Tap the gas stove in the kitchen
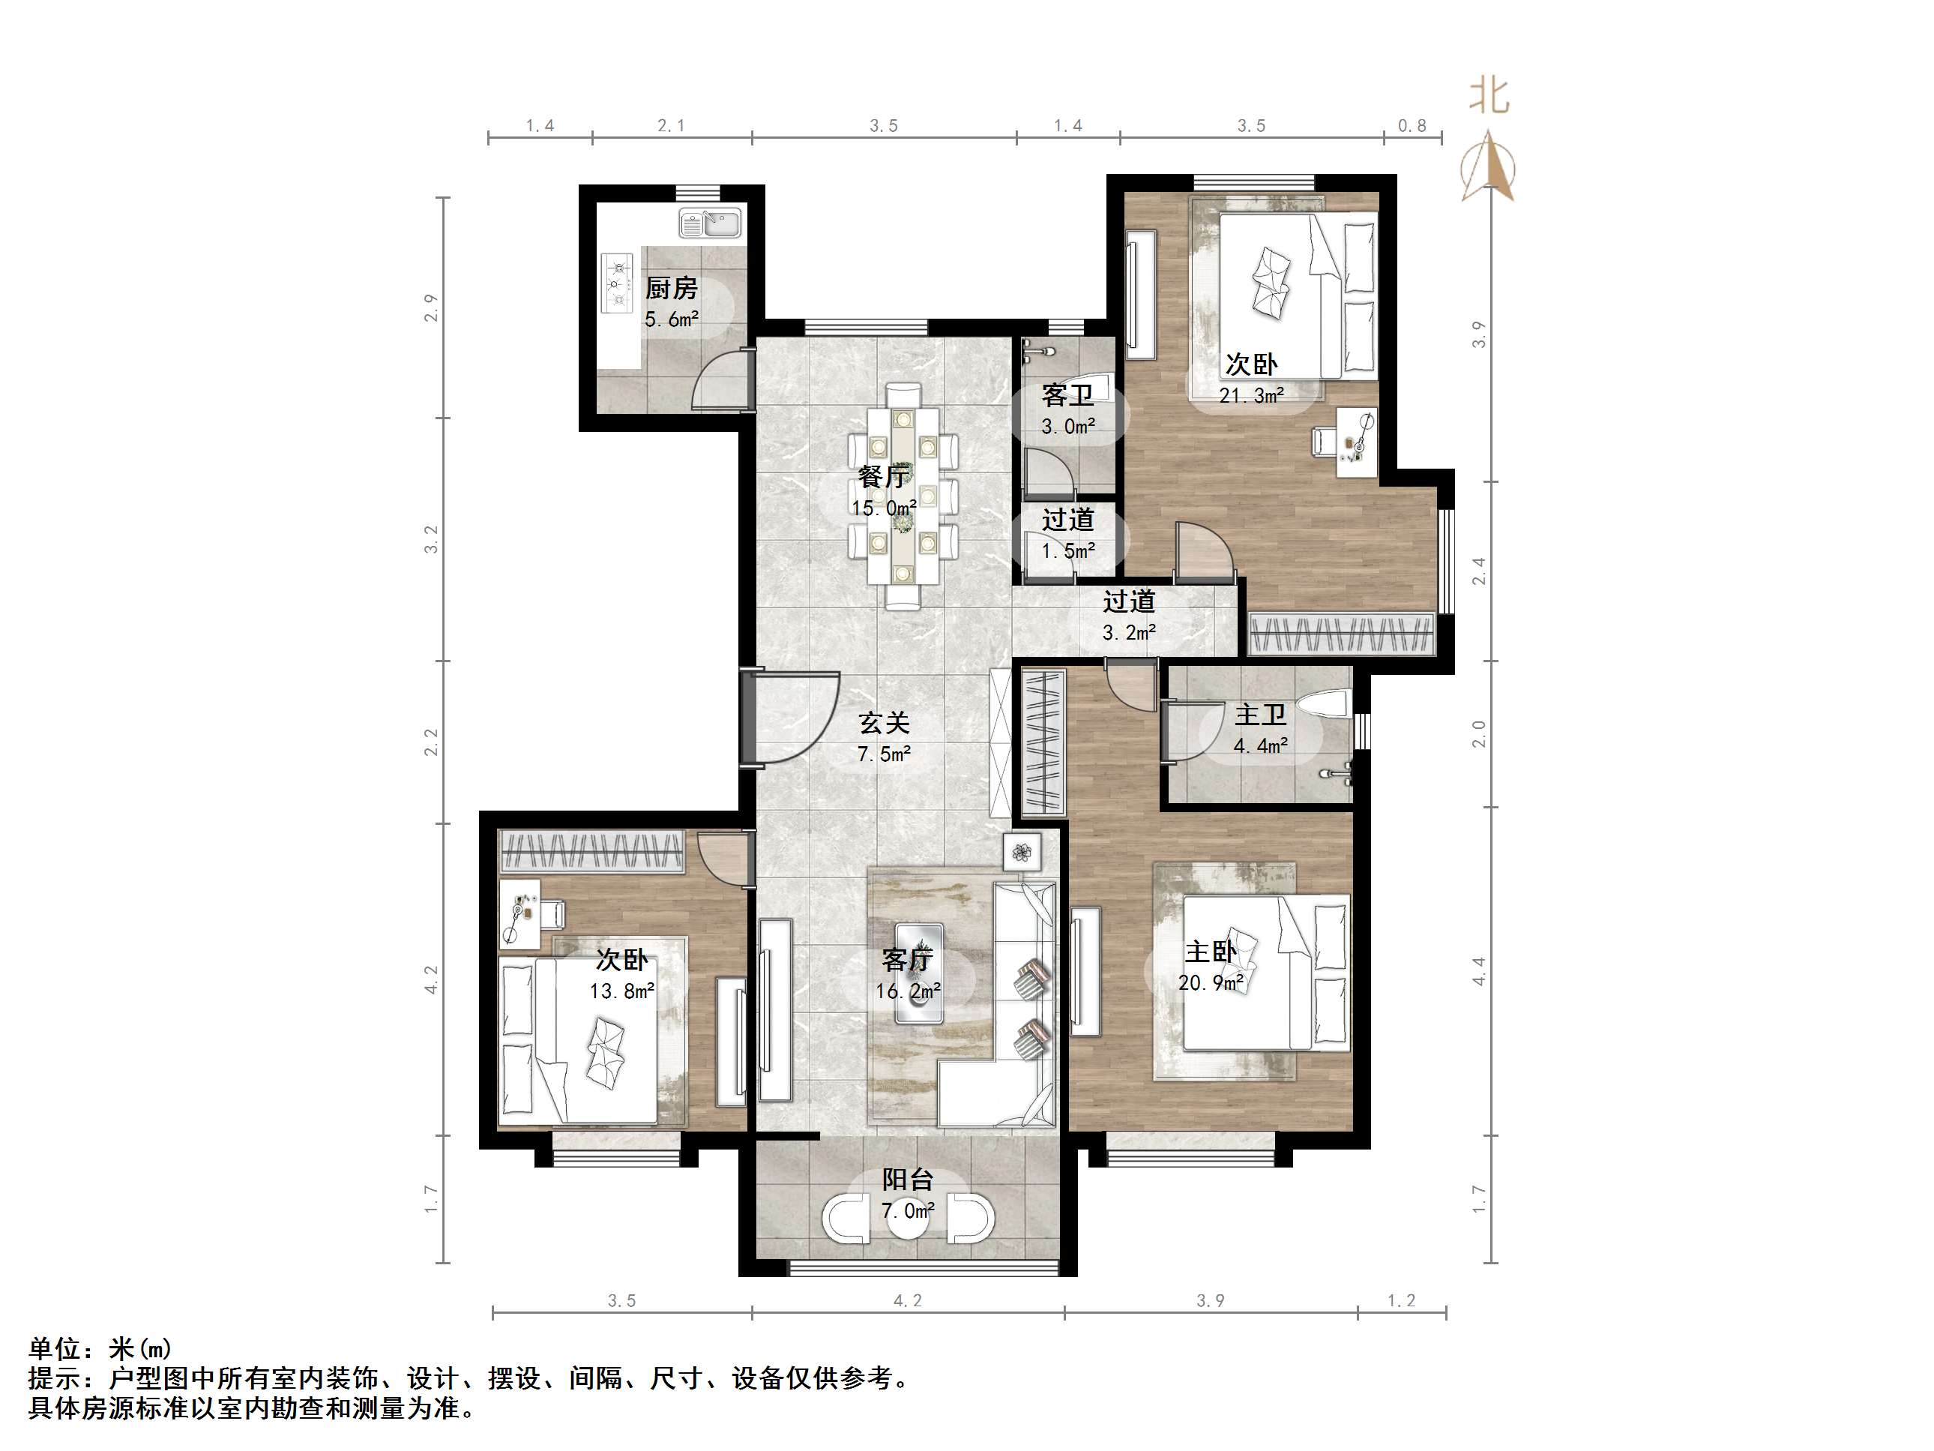[616, 282]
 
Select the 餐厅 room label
[883, 477]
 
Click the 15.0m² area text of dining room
[883, 507]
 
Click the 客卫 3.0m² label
[1067, 411]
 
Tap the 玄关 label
[884, 722]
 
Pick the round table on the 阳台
[909, 1221]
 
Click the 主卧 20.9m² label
[1210, 967]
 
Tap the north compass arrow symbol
[1488, 166]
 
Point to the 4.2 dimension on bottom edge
[908, 1300]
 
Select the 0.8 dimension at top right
[1412, 126]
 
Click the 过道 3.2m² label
[1129, 616]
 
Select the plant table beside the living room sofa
[1020, 851]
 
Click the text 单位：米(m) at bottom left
[100, 1348]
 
